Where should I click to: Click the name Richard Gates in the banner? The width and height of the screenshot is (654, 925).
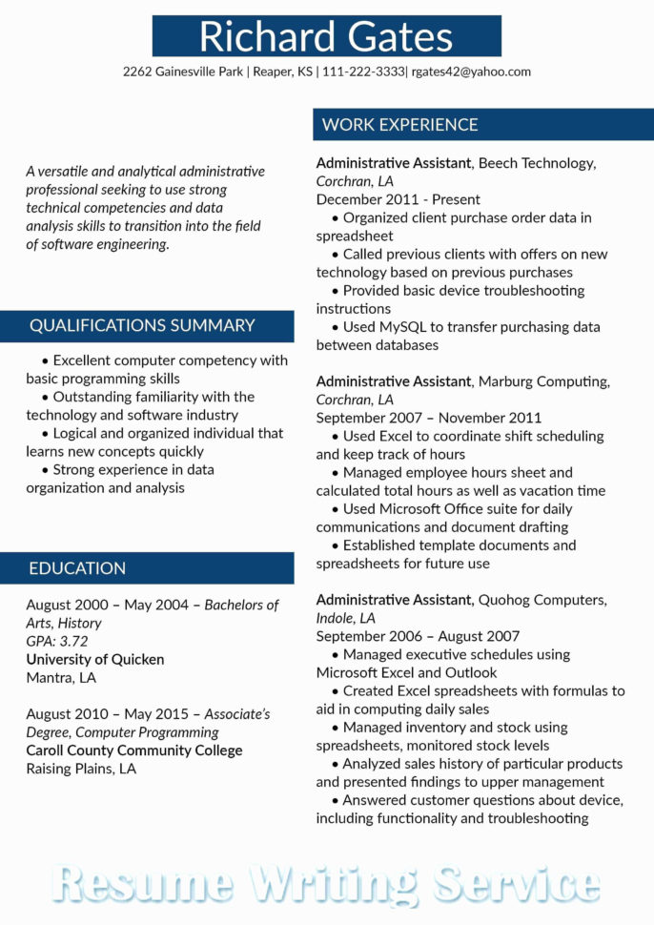click(x=326, y=36)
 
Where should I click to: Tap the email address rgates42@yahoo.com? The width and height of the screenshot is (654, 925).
click(x=471, y=72)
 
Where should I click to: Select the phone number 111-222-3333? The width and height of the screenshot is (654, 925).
click(x=363, y=72)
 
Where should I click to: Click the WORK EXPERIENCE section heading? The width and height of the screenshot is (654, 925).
click(x=399, y=125)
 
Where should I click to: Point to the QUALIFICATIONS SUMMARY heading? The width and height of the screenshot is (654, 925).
click(x=142, y=325)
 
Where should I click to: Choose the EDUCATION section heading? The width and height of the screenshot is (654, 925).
click(x=77, y=568)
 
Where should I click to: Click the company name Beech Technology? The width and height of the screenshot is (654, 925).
click(x=537, y=163)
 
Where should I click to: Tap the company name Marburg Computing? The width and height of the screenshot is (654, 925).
click(x=543, y=381)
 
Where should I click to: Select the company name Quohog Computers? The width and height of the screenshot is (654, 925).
click(x=542, y=600)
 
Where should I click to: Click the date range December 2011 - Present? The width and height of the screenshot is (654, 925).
click(x=399, y=199)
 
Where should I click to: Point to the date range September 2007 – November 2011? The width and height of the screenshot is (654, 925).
click(x=429, y=418)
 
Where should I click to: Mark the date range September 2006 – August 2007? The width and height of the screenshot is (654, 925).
click(x=419, y=636)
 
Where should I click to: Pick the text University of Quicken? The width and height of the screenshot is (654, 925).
click(x=95, y=659)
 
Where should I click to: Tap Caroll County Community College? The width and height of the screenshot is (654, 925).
click(x=134, y=750)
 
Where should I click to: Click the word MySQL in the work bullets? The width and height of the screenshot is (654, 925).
click(x=400, y=327)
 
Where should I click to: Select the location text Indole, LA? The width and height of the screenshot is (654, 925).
click(x=346, y=618)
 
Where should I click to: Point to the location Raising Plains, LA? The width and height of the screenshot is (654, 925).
click(x=81, y=769)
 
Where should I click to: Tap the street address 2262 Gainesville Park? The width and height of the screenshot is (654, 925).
click(x=182, y=72)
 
